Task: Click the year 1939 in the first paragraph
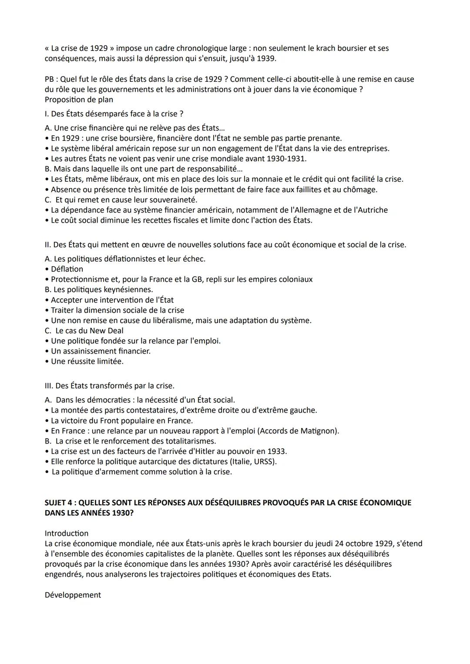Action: [265, 58]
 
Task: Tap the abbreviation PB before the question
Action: [50, 79]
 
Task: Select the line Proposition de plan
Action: [79, 100]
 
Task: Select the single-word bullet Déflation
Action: [67, 269]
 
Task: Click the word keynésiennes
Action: [129, 290]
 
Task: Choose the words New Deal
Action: [106, 330]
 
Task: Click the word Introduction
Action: [66, 533]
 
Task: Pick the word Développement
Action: [73, 595]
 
